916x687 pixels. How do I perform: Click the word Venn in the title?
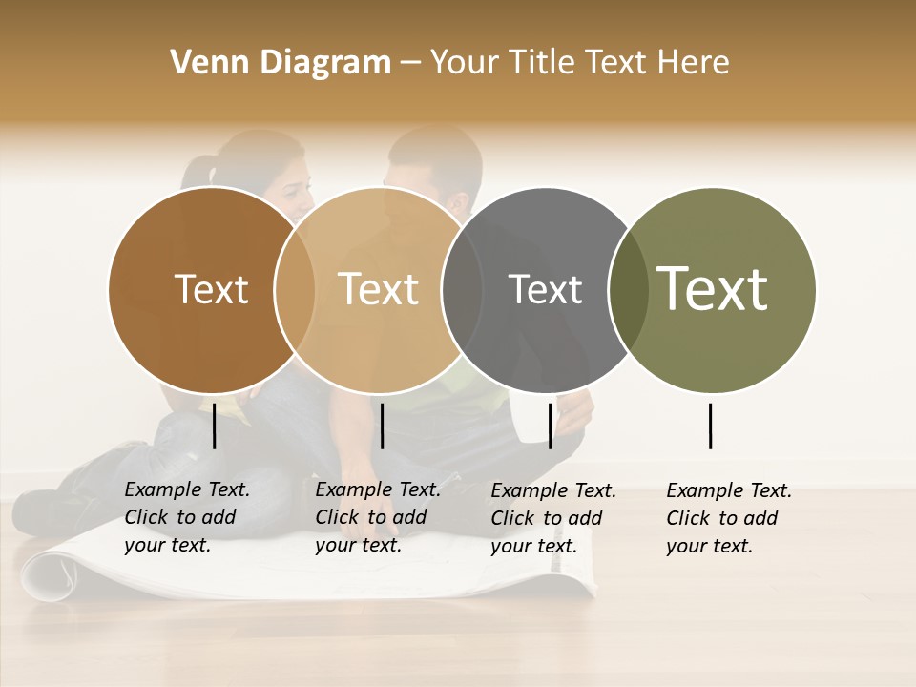pyautogui.click(x=205, y=63)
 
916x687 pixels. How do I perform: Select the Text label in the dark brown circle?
pyautogui.click(x=211, y=289)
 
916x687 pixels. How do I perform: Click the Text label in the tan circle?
pyautogui.click(x=379, y=289)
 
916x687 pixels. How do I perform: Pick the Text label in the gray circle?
pyautogui.click(x=545, y=289)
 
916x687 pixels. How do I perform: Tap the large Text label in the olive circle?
pyautogui.click(x=713, y=288)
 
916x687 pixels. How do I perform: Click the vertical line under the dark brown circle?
pyautogui.click(x=214, y=426)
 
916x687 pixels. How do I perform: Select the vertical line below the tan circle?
pyautogui.click(x=382, y=426)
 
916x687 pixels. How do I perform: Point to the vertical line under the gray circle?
pyautogui.click(x=550, y=426)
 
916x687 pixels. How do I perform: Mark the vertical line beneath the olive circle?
pyautogui.click(x=710, y=426)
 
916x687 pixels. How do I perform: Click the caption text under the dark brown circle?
pyautogui.click(x=186, y=517)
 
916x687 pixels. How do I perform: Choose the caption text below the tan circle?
pyautogui.click(x=377, y=517)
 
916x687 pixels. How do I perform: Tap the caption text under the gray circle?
pyautogui.click(x=552, y=518)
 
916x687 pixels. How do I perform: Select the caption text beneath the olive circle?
pyautogui.click(x=728, y=518)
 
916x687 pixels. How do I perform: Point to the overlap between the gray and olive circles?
pyautogui.click(x=628, y=290)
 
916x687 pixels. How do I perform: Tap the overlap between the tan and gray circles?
pyautogui.click(x=462, y=290)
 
